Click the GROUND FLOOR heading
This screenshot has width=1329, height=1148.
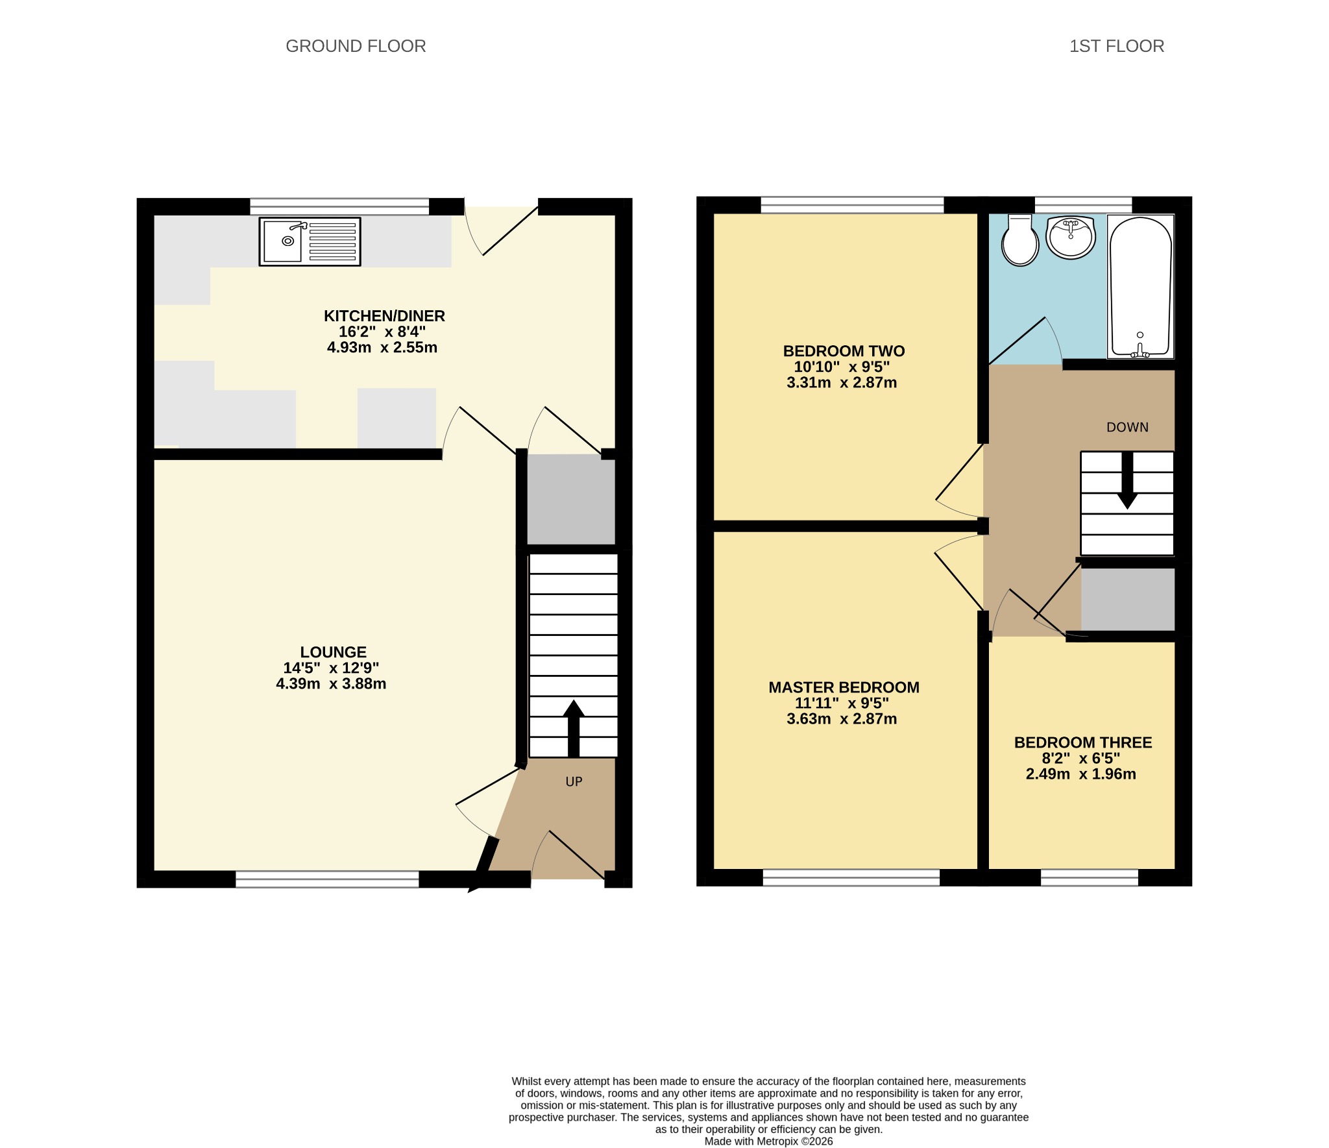[x=356, y=46]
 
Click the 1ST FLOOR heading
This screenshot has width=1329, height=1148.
[x=1117, y=46]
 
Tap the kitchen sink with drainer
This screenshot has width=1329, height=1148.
[x=310, y=241]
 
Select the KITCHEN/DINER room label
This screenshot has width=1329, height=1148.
[x=384, y=316]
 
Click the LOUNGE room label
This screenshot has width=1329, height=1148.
[x=333, y=652]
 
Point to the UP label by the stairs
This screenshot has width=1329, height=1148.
[x=574, y=782]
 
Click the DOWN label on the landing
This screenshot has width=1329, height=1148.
[x=1127, y=427]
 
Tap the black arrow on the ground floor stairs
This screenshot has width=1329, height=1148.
[x=574, y=728]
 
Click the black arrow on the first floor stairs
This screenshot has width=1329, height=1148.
[x=1128, y=480]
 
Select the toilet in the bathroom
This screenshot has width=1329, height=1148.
[x=1020, y=240]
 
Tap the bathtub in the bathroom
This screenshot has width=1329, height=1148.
[x=1140, y=286]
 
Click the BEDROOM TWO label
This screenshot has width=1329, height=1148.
[x=844, y=351]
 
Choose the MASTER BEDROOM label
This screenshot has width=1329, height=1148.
[x=844, y=687]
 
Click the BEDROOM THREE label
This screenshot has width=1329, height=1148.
[x=1083, y=742]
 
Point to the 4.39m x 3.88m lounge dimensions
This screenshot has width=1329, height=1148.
[x=331, y=683]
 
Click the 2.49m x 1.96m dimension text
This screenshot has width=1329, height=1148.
[x=1080, y=774]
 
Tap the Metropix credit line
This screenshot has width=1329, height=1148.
[x=768, y=1141]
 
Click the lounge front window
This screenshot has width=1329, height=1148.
[x=327, y=879]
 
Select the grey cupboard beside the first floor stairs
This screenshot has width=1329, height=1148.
[x=1128, y=599]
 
